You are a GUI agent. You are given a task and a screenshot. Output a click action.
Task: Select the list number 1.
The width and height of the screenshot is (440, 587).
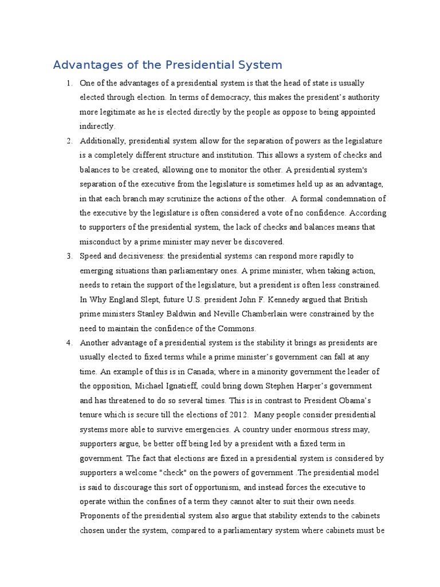pos(69,83)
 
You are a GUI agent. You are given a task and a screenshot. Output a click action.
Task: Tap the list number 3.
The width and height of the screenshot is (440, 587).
pos(69,256)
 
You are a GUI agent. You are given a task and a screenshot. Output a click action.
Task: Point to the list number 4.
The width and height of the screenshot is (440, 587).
pos(69,343)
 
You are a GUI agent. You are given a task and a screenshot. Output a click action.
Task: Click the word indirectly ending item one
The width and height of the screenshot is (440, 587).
pos(97,126)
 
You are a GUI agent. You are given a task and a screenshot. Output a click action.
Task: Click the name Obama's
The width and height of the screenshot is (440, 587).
pos(359,400)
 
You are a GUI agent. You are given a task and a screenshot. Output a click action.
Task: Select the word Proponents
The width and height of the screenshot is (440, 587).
pos(100,516)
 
